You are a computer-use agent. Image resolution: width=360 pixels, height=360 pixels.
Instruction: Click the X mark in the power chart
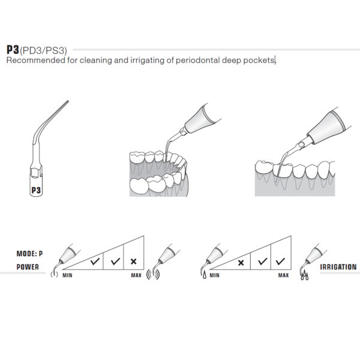pos(133,262)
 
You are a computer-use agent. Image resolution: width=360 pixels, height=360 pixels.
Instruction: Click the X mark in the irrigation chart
pos(241,262)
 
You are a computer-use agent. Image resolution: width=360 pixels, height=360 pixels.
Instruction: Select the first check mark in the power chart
pos(94,262)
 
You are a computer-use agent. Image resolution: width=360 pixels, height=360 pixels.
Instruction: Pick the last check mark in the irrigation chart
pos(279,262)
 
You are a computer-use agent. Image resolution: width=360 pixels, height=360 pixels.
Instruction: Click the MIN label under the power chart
pos(68,275)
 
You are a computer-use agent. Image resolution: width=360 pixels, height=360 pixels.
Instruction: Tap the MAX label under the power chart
pos(136,275)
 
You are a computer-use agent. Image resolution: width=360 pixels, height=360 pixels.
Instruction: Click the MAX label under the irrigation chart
pos(283,275)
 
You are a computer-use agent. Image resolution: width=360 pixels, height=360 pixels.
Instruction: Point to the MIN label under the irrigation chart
pos(214,275)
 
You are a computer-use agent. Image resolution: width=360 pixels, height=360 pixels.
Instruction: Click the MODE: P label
pos(31,253)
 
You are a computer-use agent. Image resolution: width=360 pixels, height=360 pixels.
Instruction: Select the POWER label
pos(28,267)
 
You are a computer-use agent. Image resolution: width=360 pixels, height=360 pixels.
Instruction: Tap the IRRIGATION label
pos(338,267)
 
